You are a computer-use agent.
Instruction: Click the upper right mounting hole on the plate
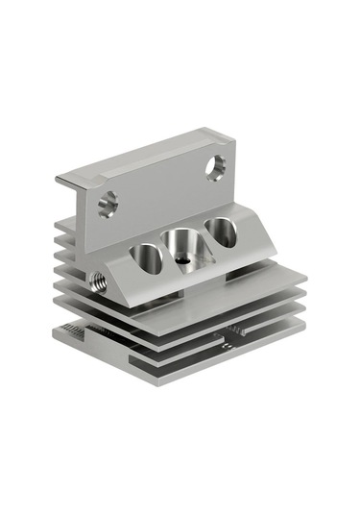pyautogui.click(x=216, y=165)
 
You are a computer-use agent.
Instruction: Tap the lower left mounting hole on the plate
pyautogui.click(x=107, y=203)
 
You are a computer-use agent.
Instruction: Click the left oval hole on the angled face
pyautogui.click(x=146, y=257)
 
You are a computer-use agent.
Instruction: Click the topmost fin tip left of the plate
pyautogui.click(x=62, y=223)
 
